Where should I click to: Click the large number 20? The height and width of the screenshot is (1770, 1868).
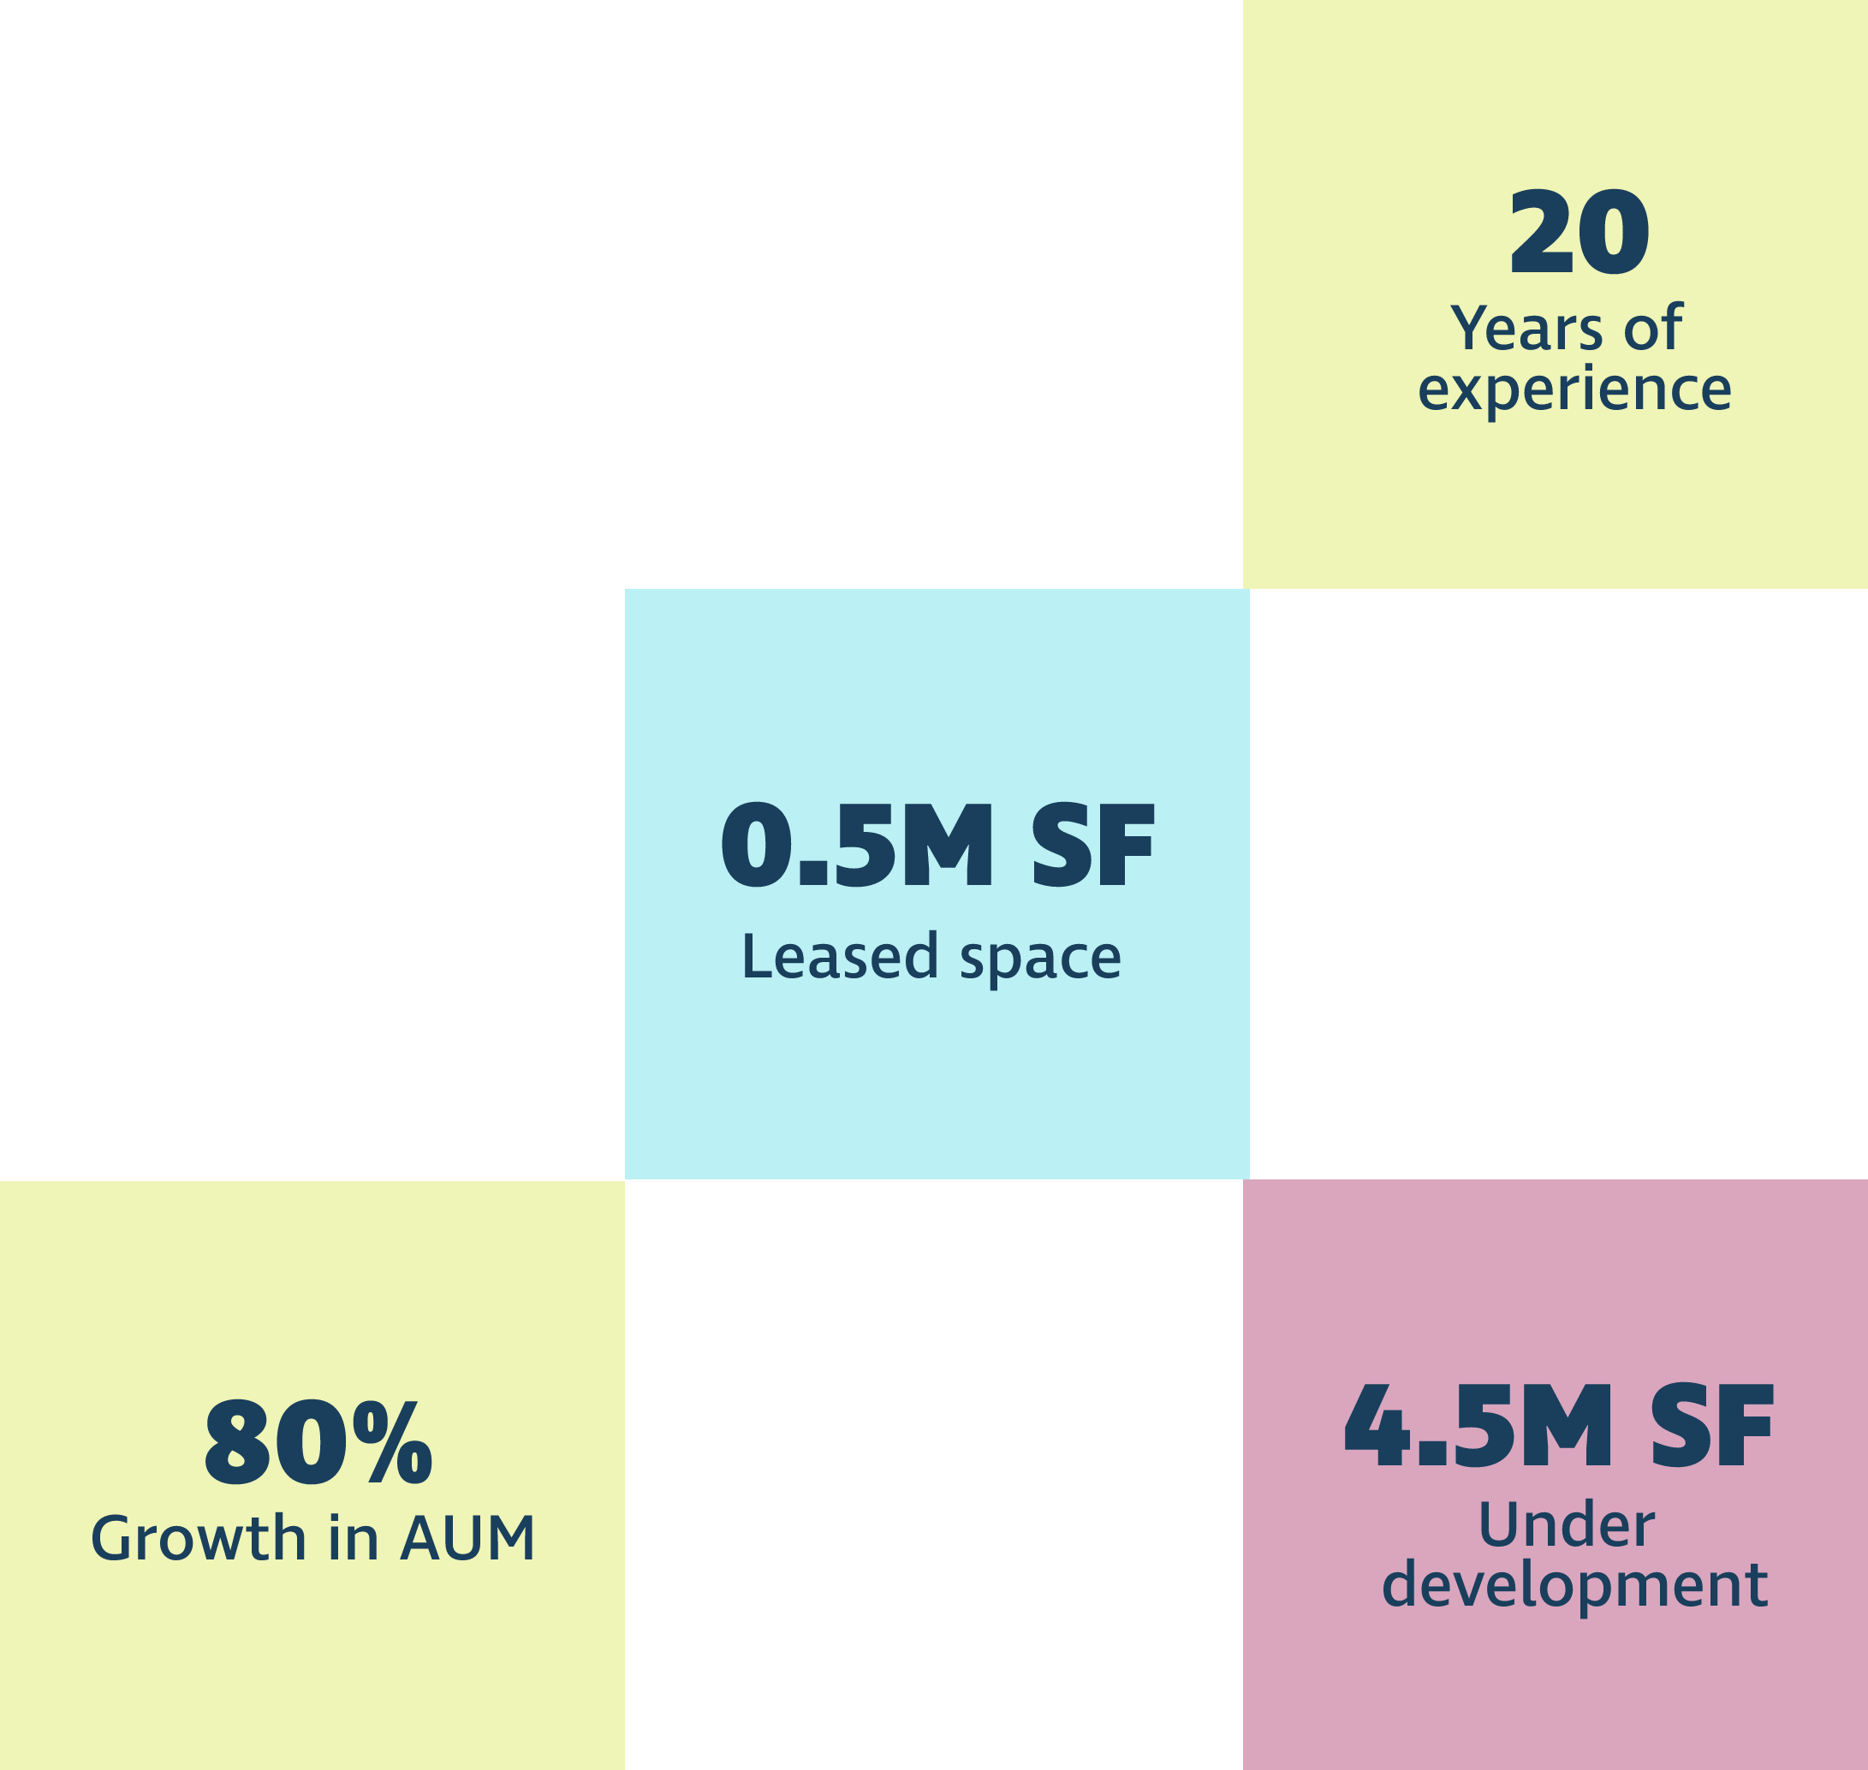1579,232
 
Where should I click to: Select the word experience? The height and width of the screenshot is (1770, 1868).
1574,389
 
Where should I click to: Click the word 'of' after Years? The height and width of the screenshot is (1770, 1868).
1653,328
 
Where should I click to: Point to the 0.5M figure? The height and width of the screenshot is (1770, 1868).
857,845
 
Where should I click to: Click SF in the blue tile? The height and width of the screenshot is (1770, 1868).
1093,845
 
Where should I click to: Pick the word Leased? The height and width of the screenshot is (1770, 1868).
840,956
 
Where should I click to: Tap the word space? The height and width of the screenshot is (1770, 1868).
1040,960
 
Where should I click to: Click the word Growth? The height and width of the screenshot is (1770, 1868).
199,1538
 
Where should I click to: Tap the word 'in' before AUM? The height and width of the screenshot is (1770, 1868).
353,1538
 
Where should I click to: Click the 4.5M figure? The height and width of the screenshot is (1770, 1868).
1478,1426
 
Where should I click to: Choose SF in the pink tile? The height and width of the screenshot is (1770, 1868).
1712,1426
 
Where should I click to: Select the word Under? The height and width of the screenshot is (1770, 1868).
1566,1524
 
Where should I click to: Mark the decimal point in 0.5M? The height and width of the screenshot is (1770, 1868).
812,875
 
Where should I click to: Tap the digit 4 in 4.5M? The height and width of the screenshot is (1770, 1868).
1377,1427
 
